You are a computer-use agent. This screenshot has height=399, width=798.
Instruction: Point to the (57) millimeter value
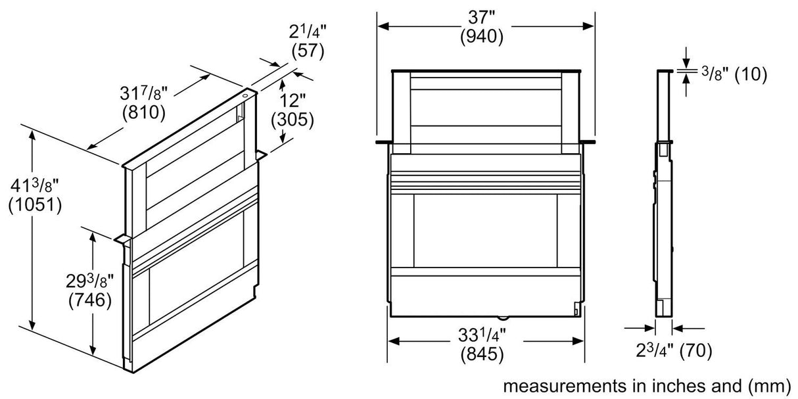click(x=306, y=51)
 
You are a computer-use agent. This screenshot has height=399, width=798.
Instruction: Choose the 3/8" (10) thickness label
click(x=734, y=74)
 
